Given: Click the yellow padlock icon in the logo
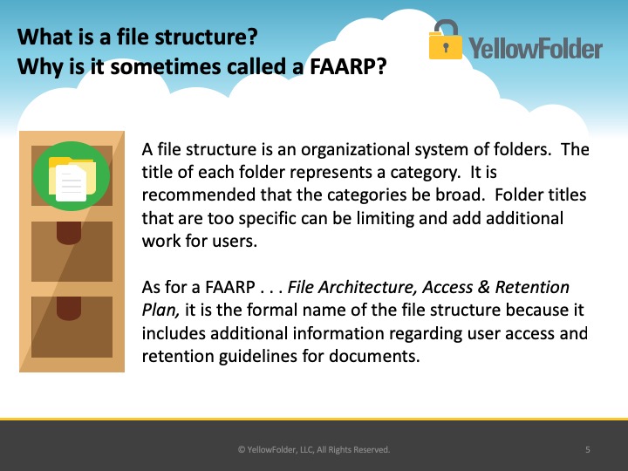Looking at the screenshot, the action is (x=446, y=40).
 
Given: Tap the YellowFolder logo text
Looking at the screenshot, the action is (x=536, y=49).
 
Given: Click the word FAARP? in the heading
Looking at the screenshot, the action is (x=348, y=66).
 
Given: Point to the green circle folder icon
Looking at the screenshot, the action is (x=72, y=176).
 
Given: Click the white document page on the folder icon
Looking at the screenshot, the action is (x=71, y=183).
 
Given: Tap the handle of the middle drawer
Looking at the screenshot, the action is (x=69, y=233).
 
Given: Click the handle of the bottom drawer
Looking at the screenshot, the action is (x=69, y=309).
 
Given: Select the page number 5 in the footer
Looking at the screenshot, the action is (x=588, y=449).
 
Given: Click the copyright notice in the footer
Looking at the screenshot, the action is (x=314, y=449).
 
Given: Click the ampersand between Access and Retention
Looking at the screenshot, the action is (x=484, y=287).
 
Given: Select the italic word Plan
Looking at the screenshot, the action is (x=160, y=311).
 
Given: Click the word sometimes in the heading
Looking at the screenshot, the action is (x=165, y=66).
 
